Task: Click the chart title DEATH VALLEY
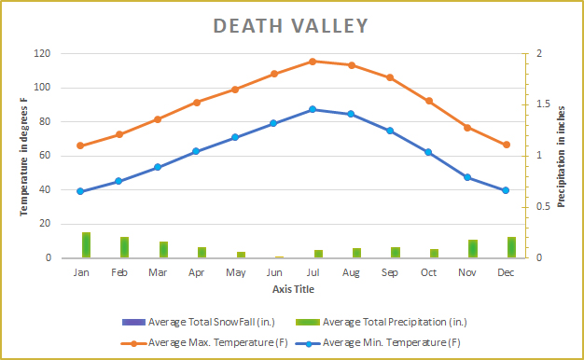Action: click(x=291, y=25)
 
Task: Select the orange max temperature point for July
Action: click(x=313, y=62)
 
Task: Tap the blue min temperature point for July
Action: click(x=313, y=109)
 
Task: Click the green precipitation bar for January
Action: click(x=86, y=244)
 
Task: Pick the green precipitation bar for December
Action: click(x=511, y=247)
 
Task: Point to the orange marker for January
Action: click(x=81, y=145)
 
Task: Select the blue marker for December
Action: click(x=506, y=190)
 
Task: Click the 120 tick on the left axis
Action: click(x=43, y=54)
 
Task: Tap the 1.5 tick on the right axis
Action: click(x=532, y=104)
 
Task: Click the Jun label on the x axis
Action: click(x=274, y=272)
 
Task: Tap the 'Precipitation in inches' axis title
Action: click(x=562, y=156)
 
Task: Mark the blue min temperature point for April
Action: click(x=196, y=151)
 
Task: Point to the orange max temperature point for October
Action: click(x=428, y=101)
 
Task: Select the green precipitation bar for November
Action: click(x=473, y=248)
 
